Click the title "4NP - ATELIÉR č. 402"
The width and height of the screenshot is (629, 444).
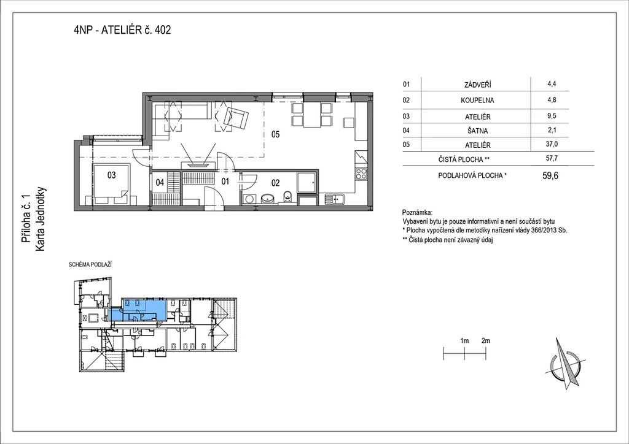[x=122, y=30]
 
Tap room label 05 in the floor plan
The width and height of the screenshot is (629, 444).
[x=275, y=134]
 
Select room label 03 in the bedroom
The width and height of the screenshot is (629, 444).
[x=112, y=175]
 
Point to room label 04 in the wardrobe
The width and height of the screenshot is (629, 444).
[x=160, y=183]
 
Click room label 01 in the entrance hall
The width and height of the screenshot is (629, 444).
[x=225, y=182]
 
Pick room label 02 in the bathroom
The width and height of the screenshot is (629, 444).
[x=275, y=183]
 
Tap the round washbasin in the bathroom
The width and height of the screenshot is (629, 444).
[x=268, y=199]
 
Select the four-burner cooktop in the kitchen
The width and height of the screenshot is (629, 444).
[x=361, y=174]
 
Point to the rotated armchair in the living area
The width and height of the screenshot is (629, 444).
[x=236, y=118]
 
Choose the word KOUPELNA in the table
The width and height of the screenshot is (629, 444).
[x=477, y=101]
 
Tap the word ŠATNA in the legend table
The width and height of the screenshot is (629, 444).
[x=477, y=131]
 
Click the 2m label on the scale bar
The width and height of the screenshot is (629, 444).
[x=485, y=341]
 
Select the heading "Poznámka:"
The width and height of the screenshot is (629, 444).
[x=417, y=212]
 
